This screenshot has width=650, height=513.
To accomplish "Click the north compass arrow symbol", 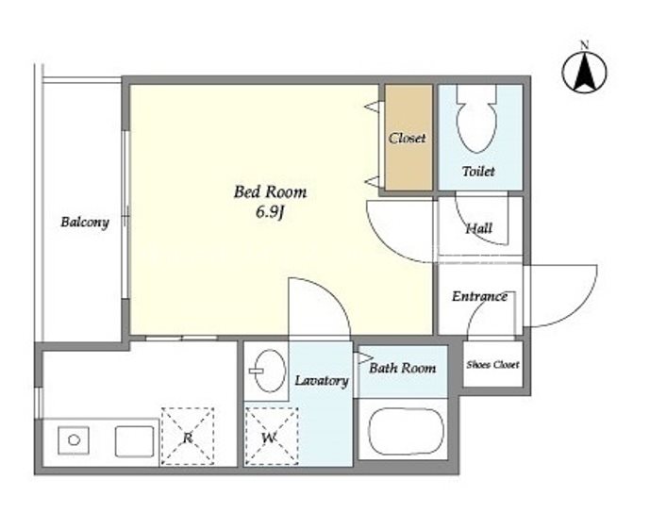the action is pos(584,74).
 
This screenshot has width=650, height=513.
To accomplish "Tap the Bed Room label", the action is pos(270,192).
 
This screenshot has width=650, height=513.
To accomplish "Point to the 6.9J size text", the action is pos(270,212).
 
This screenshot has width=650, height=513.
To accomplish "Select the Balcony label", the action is pos(85,223).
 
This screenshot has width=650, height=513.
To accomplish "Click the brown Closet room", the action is pos(408,137).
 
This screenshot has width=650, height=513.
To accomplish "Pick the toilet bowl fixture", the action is pos(476,119).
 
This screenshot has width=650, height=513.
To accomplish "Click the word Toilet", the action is pos(478,171).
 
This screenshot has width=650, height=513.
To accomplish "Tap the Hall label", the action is pos(479,228).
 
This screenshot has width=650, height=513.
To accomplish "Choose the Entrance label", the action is pos(479,296).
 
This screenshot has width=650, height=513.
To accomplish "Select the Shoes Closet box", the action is pos(492,364).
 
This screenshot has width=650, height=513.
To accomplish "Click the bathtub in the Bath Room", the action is pos(406,431).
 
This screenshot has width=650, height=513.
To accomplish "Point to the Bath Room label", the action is pos(403,368).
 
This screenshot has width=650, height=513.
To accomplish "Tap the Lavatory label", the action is pos(322,381).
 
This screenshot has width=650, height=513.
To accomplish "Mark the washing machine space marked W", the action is pos(272,436).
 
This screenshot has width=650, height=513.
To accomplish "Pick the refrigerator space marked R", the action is pos(188,436).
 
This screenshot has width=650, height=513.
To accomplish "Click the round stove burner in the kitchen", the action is pos(74,439).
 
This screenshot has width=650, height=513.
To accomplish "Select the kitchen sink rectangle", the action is pos(134,441).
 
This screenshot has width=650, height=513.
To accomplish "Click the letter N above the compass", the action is pos(585,45).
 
